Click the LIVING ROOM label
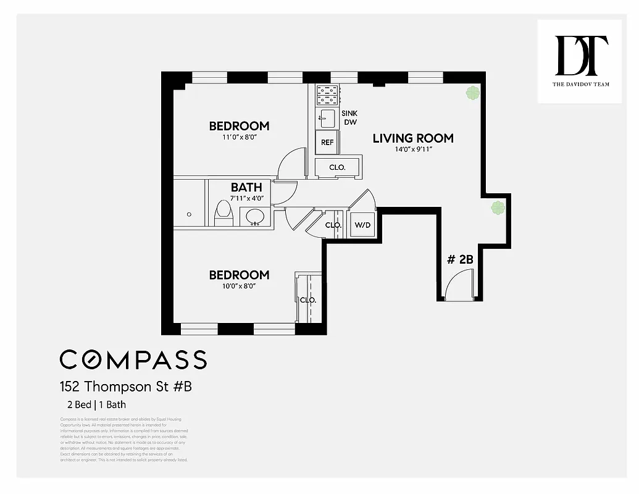(412, 138)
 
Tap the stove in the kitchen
(328, 96)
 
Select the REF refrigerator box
(327, 143)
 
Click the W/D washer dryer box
(362, 225)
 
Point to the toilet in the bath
(223, 213)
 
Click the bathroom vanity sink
(254, 217)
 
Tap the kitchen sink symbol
(327, 118)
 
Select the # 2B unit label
(460, 260)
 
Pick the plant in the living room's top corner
(472, 93)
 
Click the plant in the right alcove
(498, 207)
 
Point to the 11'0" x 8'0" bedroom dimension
(239, 137)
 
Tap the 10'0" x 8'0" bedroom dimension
(239, 286)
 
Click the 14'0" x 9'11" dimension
(412, 150)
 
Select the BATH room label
(246, 187)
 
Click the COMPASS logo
(133, 359)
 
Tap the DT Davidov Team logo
(580, 61)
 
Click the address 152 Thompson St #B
(125, 387)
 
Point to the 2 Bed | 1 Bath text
(96, 405)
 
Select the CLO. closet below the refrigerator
(337, 167)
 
